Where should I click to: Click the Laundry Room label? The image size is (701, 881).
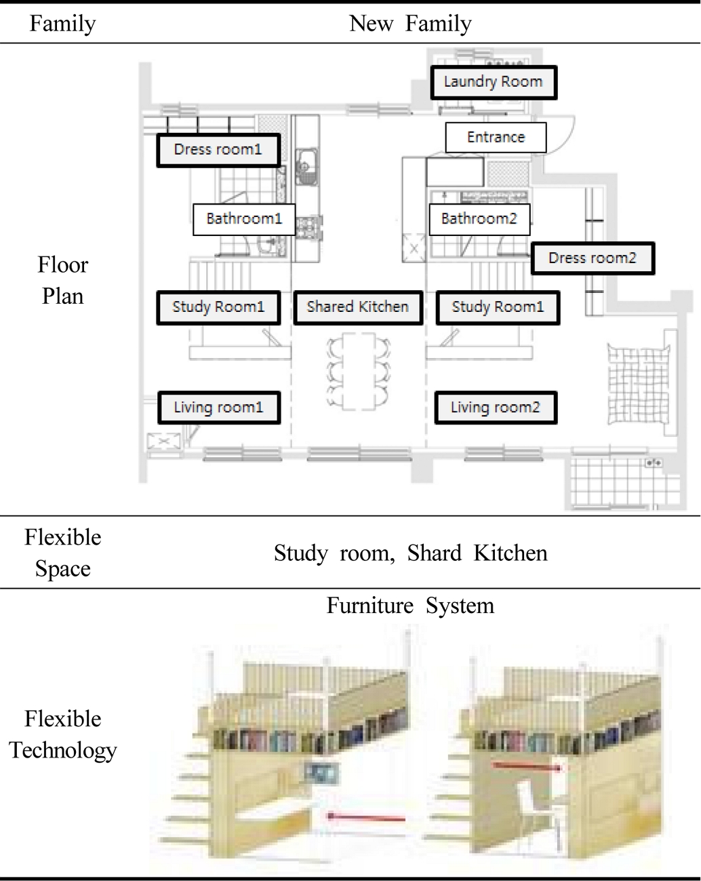[x=494, y=82]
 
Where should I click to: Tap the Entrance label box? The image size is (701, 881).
[x=496, y=138]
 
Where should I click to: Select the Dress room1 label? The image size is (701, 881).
[x=218, y=150]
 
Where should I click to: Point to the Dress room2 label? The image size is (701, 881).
[x=593, y=258]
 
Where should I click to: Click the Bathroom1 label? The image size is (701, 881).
[x=244, y=219]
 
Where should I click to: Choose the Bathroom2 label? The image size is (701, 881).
[x=479, y=219]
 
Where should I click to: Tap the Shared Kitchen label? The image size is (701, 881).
[x=358, y=307]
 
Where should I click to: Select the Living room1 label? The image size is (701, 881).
[x=218, y=408]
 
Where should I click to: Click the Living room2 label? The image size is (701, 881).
[x=496, y=408]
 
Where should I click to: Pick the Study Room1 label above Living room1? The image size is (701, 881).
[x=218, y=307]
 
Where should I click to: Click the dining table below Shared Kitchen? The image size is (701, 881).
[x=359, y=371]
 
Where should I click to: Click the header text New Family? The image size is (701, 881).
[x=410, y=24]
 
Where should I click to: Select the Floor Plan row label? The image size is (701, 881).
[x=62, y=280]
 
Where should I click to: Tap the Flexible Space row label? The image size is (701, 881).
[x=62, y=553]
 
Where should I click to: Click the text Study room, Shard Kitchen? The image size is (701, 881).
[x=410, y=553]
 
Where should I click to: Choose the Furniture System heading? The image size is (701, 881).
[x=410, y=606]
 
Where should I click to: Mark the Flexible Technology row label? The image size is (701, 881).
[x=62, y=735]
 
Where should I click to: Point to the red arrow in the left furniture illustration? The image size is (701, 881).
[x=366, y=817]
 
